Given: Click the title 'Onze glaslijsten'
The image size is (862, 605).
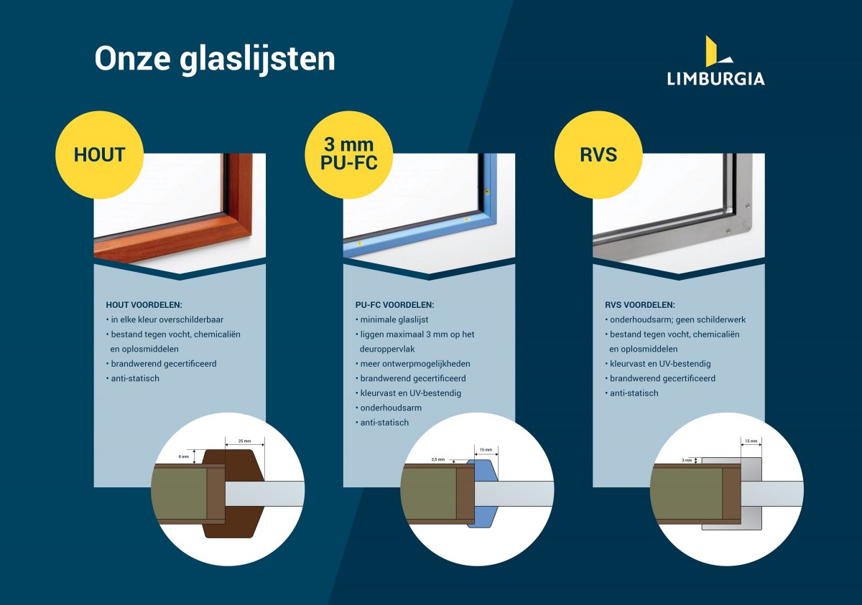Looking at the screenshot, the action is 215,60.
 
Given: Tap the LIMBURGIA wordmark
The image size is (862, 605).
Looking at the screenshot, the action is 715,79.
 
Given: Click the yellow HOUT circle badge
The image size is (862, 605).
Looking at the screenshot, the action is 99,155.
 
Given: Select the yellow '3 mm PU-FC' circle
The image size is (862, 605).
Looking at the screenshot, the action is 348,155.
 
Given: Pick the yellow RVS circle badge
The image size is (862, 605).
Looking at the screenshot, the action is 598,155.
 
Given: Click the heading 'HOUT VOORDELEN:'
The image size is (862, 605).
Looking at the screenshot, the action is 144,305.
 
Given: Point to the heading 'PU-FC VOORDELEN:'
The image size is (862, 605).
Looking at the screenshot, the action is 394,305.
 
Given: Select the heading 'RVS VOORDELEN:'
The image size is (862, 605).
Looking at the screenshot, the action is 639,305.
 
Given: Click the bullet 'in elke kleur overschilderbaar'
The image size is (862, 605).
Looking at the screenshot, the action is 164,320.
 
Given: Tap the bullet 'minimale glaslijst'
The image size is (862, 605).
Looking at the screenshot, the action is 391,320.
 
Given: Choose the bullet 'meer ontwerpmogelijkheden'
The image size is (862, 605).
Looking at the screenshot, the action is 412,364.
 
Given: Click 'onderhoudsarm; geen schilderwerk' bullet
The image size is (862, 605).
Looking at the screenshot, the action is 675,320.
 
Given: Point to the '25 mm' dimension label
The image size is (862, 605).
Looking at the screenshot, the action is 244,441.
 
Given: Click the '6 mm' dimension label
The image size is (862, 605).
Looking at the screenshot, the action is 184,456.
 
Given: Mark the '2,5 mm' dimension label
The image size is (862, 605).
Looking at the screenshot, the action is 438,459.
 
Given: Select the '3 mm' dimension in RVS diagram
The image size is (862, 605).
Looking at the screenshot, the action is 687,460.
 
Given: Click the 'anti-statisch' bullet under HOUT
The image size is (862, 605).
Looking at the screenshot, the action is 132,379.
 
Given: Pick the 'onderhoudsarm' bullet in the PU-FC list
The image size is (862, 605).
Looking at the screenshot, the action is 389,408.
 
